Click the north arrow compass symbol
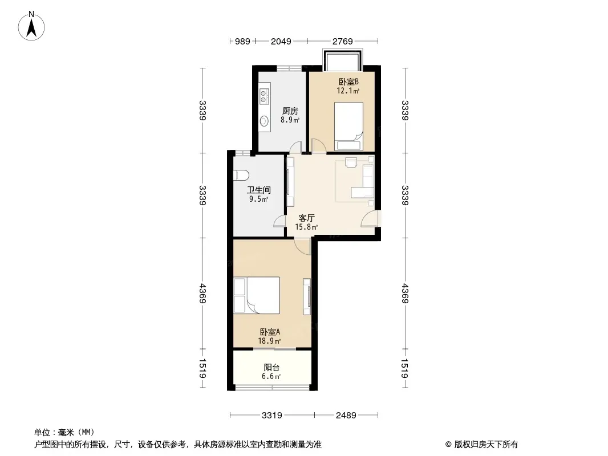[31, 26]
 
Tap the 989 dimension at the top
[242, 41]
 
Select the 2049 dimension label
[281, 41]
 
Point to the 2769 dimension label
[342, 41]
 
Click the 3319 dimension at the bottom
[272, 416]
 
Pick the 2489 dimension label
[346, 416]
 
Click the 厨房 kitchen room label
[290, 111]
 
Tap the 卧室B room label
[348, 82]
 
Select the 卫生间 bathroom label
[258, 190]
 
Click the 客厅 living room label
[306, 218]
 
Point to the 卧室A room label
[269, 332]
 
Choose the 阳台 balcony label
[271, 367]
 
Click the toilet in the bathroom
[241, 175]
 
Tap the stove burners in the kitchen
[264, 97]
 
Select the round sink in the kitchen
[264, 121]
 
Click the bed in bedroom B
[348, 127]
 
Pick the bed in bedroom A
[256, 295]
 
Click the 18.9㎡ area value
[269, 341]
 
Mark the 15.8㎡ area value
[306, 227]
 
